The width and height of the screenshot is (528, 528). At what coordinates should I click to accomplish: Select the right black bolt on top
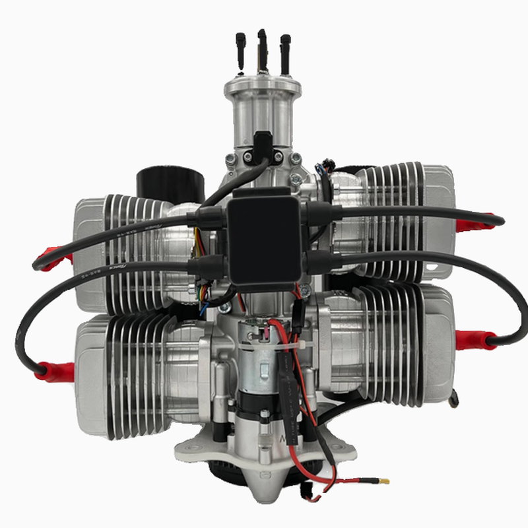tap(284, 52)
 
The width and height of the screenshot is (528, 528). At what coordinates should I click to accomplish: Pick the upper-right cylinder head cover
tap(439, 218)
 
